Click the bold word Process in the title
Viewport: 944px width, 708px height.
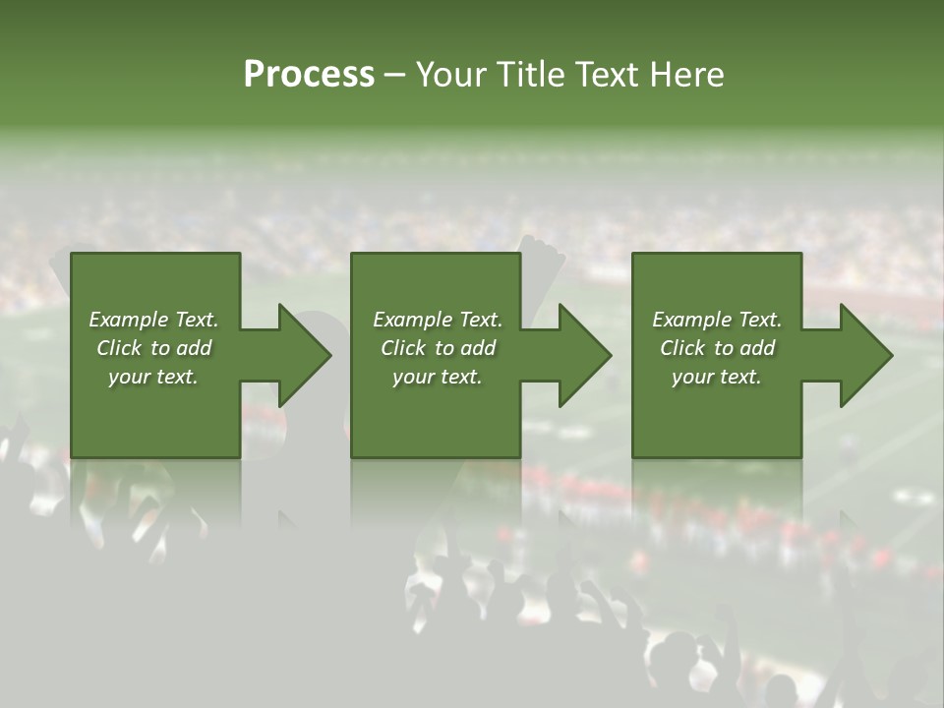click(309, 75)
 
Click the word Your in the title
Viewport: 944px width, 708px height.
click(454, 75)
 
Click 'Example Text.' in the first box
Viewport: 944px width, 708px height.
click(153, 320)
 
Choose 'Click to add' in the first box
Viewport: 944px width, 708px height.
click(153, 348)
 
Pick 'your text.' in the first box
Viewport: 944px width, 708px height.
click(153, 377)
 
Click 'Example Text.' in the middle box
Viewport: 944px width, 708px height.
click(438, 320)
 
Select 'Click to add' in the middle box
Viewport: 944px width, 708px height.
click(438, 348)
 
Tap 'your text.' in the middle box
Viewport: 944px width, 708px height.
click(438, 377)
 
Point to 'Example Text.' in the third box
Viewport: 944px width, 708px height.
click(717, 320)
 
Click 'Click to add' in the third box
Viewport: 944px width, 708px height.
click(717, 348)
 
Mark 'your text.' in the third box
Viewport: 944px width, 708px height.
click(717, 377)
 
